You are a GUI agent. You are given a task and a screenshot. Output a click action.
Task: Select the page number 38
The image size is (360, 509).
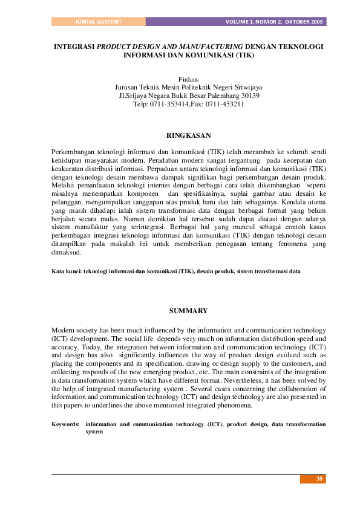(x=320, y=479)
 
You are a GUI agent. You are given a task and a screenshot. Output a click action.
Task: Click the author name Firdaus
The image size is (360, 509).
(x=188, y=79)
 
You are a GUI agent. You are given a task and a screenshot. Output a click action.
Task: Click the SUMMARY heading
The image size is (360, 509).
(x=188, y=311)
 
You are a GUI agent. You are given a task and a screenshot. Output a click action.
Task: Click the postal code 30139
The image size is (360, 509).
(x=249, y=96)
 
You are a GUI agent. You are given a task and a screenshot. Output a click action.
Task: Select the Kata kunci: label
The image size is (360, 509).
(x=67, y=272)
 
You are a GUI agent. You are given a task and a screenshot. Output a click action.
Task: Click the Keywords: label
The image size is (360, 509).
(x=65, y=425)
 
